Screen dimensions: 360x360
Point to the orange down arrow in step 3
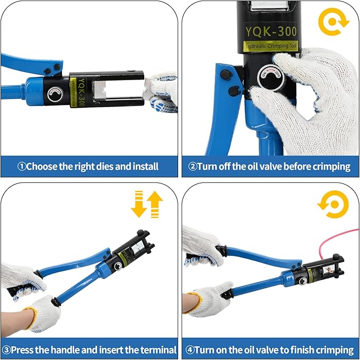[x=139, y=204]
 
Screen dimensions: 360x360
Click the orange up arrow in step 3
[x=155, y=204]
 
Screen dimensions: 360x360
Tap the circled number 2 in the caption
[x=192, y=166]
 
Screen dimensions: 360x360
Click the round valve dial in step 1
[x=54, y=94]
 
